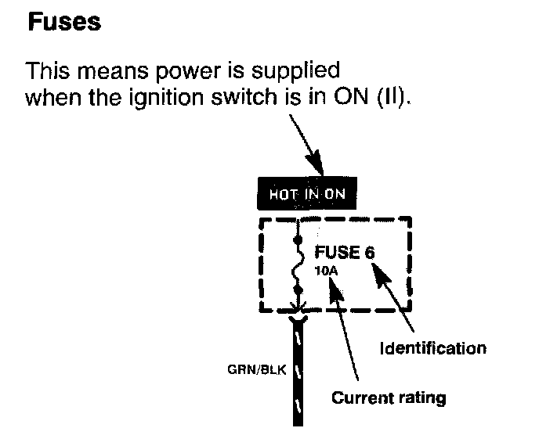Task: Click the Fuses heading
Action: point(64,22)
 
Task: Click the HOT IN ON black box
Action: point(307,193)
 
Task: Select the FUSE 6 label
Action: point(345,253)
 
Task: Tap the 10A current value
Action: point(326,271)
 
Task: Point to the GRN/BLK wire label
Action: point(257,369)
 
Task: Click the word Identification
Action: point(433,348)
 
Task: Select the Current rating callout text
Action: point(389,398)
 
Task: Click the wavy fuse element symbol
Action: point(298,264)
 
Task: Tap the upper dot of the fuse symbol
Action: point(298,239)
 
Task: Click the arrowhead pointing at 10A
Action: point(335,290)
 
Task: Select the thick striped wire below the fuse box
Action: point(298,371)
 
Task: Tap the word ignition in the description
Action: point(166,98)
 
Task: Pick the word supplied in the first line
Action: point(295,72)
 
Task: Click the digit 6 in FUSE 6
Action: point(370,253)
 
